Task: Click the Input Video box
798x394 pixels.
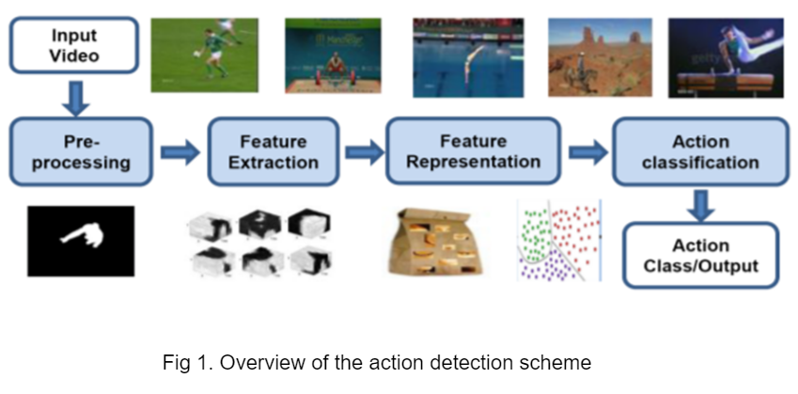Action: (73, 44)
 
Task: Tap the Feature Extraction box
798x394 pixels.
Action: (273, 150)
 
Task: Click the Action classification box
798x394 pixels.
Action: (700, 150)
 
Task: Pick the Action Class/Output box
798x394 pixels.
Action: (700, 255)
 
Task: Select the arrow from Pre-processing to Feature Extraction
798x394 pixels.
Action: (180, 151)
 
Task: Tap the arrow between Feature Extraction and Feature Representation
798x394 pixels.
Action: (364, 151)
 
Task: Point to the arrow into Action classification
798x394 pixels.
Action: (588, 151)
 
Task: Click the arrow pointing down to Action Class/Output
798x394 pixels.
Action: (700, 203)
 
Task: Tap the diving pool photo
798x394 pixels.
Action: (467, 56)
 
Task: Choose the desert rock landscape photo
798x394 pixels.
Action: (600, 56)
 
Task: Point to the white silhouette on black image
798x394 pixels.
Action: (80, 241)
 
